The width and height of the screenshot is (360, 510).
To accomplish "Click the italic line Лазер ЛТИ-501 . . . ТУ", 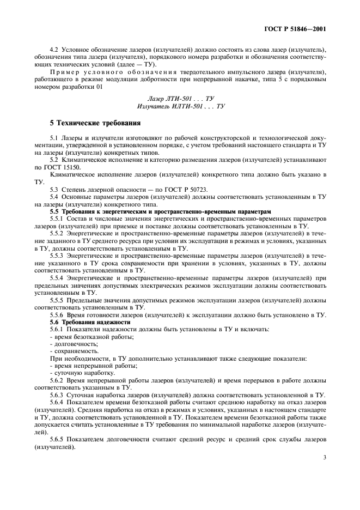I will [x=180, y=98].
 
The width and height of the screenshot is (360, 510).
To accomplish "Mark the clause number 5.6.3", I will [x=57, y=394].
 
